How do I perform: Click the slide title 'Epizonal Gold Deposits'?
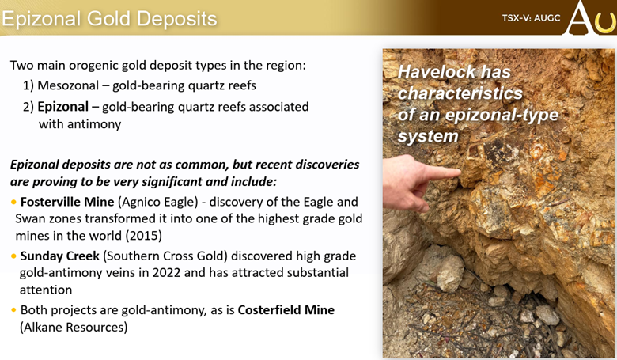pos(109,19)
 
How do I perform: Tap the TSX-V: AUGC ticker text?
pos(531,18)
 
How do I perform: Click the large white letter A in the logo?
pos(578,17)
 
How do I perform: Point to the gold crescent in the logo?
pos(606,25)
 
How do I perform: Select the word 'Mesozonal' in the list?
pos(68,85)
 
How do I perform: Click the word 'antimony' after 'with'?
pos(94,124)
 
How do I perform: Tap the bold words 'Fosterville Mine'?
pos(67,202)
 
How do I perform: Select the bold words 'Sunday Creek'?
pos(60,256)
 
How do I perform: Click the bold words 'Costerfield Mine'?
pos(286,310)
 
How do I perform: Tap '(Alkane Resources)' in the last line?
pos(74,328)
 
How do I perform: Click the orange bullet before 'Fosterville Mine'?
pos(13,203)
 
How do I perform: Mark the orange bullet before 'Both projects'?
pos(13,310)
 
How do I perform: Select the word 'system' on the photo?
pos(428,137)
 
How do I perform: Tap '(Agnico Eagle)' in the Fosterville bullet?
pos(157,202)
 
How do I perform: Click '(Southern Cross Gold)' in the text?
pos(165,256)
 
